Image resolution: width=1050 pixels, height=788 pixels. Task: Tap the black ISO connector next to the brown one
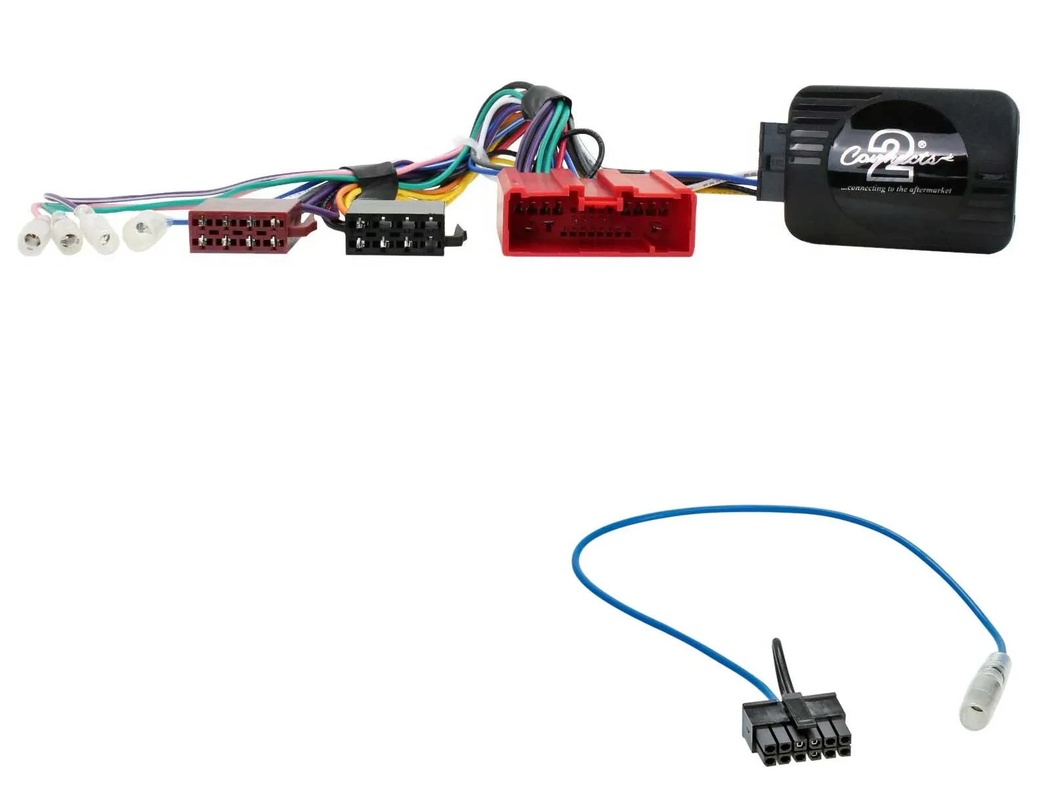point(396,227)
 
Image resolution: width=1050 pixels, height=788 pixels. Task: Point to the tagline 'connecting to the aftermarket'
point(896,189)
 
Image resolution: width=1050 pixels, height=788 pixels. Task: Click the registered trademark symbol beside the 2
point(921,144)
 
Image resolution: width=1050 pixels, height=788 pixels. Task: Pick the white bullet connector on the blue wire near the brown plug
point(144,230)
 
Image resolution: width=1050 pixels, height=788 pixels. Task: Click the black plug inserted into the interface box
point(771,161)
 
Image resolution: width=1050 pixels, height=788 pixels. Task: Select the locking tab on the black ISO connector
point(459,234)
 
